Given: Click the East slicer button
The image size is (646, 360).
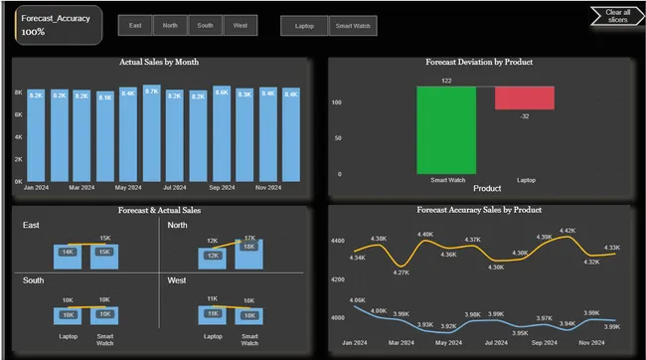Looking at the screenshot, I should (x=135, y=26).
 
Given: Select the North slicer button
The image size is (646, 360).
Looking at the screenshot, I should (x=170, y=26).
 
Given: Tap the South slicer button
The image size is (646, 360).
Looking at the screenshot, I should (x=205, y=26).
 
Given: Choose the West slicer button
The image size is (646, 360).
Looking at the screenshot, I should (x=240, y=26).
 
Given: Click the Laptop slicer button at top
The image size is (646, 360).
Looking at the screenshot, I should (x=304, y=26).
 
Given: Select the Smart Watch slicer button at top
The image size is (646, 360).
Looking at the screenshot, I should (x=353, y=26).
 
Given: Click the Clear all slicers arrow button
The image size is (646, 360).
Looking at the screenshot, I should (x=616, y=16).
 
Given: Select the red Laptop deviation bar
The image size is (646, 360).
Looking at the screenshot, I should (x=524, y=97).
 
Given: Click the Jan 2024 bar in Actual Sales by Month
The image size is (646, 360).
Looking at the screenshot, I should (x=36, y=136).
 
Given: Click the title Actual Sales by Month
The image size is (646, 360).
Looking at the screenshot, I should (x=159, y=62).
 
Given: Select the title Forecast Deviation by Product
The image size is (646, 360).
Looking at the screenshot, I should (x=480, y=62).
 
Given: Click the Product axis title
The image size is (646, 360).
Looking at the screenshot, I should (x=487, y=188).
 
